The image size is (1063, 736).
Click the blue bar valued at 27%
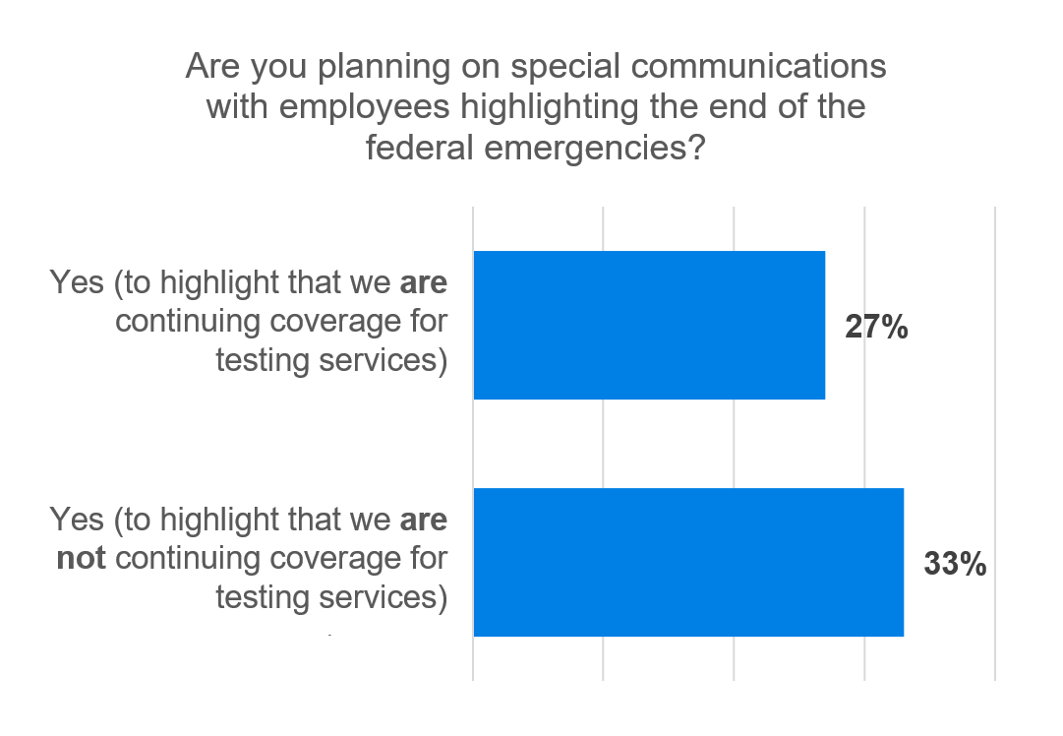click(x=649, y=325)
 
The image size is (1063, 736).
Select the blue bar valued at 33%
click(x=688, y=562)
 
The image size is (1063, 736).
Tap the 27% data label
click(x=876, y=328)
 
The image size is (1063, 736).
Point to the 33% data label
click(x=955, y=565)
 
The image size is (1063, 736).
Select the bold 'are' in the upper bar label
click(x=424, y=282)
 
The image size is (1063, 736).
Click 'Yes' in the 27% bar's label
click(x=76, y=282)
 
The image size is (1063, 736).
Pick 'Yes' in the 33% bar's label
click(x=76, y=519)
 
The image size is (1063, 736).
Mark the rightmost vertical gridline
click(x=995, y=443)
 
